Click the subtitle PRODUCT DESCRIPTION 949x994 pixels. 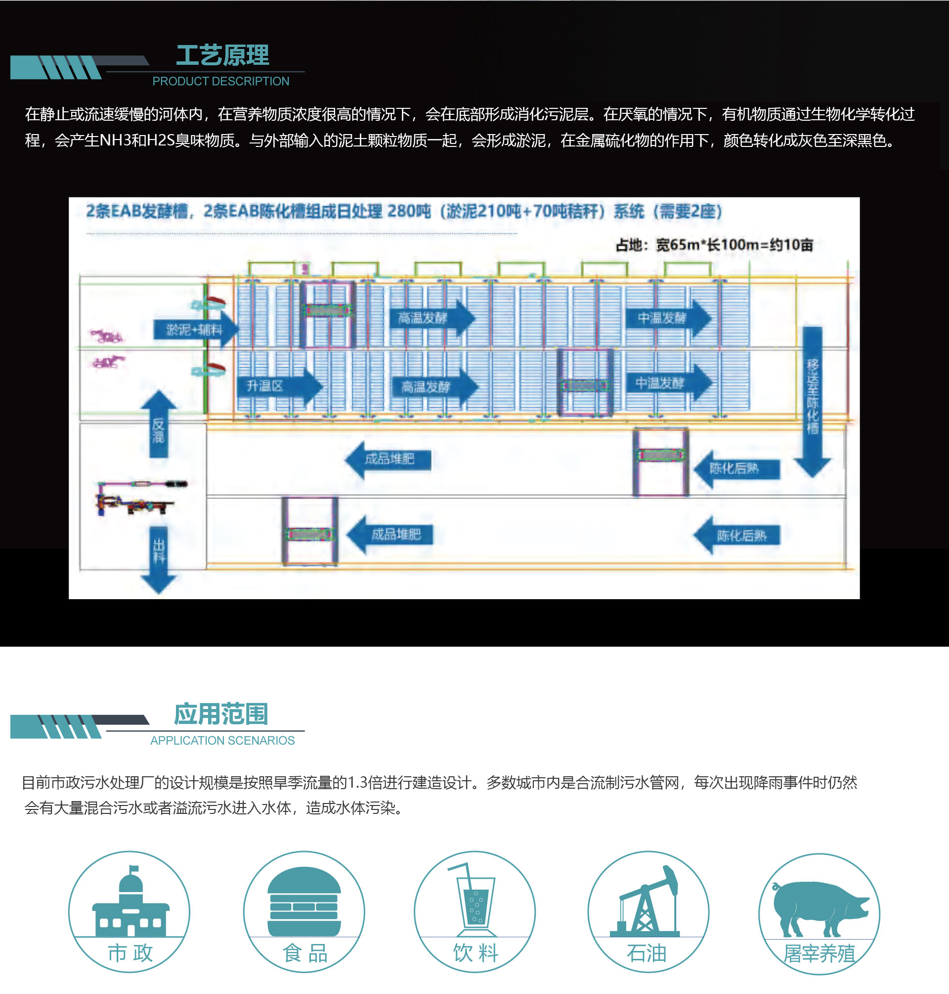pos(220,81)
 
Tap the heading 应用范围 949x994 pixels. pos(220,714)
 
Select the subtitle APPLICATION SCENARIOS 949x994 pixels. pos(222,740)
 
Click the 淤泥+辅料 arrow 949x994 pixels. pos(195,330)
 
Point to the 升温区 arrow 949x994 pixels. pos(278,386)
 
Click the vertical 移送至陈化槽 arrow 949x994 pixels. pos(813,400)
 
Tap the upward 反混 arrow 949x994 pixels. pos(158,426)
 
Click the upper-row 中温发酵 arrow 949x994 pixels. pos(668,318)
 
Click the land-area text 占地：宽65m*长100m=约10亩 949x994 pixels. pos(714,245)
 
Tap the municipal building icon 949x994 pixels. pos(130,903)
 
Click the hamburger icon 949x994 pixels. pos(304,901)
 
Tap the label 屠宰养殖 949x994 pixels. pos(819,953)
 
